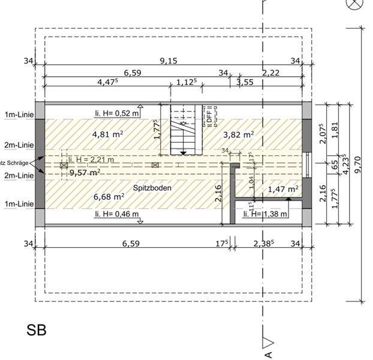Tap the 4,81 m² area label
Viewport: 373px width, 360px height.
(x=108, y=134)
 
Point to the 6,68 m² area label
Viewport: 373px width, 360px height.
(x=109, y=196)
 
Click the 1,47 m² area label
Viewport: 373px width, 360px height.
(x=283, y=189)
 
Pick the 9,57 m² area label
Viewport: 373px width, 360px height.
(x=85, y=172)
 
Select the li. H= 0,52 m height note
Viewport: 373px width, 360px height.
(x=117, y=112)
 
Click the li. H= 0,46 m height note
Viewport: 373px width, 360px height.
(x=116, y=214)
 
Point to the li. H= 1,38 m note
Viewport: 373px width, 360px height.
(x=265, y=214)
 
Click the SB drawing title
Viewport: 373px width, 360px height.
(x=36, y=329)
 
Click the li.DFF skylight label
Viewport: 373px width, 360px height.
(x=209, y=113)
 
